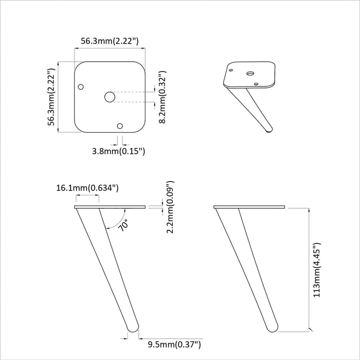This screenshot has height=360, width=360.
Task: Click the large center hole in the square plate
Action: (110, 97)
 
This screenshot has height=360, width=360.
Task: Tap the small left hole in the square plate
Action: (81, 87)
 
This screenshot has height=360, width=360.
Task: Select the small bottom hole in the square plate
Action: (120, 126)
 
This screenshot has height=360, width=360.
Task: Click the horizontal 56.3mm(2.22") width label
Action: (110, 41)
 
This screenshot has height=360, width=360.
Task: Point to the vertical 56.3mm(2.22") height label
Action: (51, 97)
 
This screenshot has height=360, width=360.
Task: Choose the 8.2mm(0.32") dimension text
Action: (163, 97)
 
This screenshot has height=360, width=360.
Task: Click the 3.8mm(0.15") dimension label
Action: (118, 151)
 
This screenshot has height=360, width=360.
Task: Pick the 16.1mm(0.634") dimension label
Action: (87, 188)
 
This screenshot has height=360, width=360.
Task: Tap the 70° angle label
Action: (123, 225)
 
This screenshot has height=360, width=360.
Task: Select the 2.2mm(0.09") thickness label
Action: (170, 207)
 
